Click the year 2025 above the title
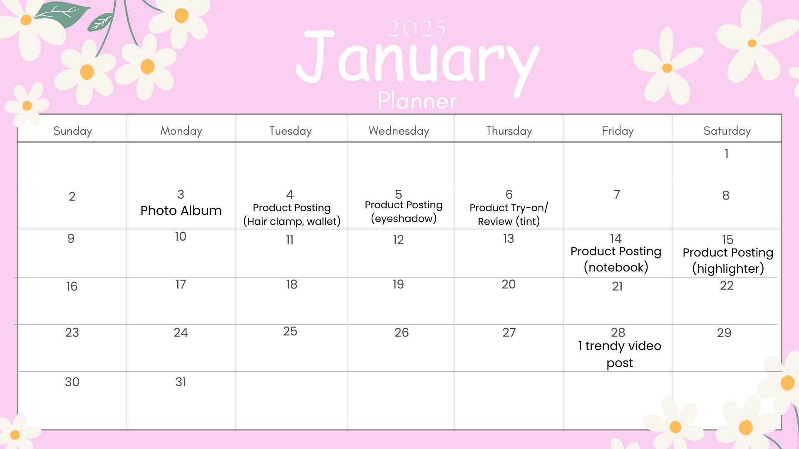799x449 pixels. click(x=417, y=29)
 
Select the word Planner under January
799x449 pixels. click(x=417, y=101)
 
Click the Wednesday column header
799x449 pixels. click(x=399, y=131)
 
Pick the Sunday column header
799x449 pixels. click(x=72, y=131)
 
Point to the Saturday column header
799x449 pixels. click(x=727, y=131)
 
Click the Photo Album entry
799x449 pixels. click(x=181, y=211)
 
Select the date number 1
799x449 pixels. click(x=727, y=154)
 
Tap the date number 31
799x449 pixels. click(x=181, y=382)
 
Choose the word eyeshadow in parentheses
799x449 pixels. click(x=404, y=219)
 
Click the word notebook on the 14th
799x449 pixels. click(x=616, y=267)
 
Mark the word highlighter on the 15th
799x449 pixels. click(x=728, y=269)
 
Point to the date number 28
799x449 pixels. click(x=618, y=333)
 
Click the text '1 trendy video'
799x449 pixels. click(x=619, y=346)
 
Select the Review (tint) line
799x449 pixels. click(x=509, y=222)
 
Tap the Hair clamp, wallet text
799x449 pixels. click(x=292, y=222)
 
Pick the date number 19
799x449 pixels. click(x=398, y=284)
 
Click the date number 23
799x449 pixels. click(x=72, y=333)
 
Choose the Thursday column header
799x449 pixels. click(x=509, y=131)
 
